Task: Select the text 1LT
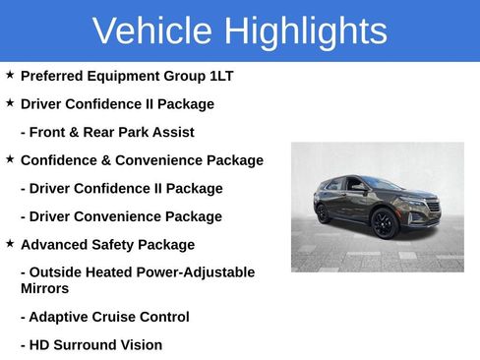(x=218, y=76)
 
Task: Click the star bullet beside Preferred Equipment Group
(x=10, y=75)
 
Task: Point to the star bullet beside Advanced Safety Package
(x=10, y=243)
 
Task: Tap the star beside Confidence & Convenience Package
(x=10, y=158)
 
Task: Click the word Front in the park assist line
(x=51, y=132)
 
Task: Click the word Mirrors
(x=44, y=289)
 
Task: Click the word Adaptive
(x=60, y=318)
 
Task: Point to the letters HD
(x=40, y=345)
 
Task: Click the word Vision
(x=143, y=345)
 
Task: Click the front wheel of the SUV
(x=385, y=224)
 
